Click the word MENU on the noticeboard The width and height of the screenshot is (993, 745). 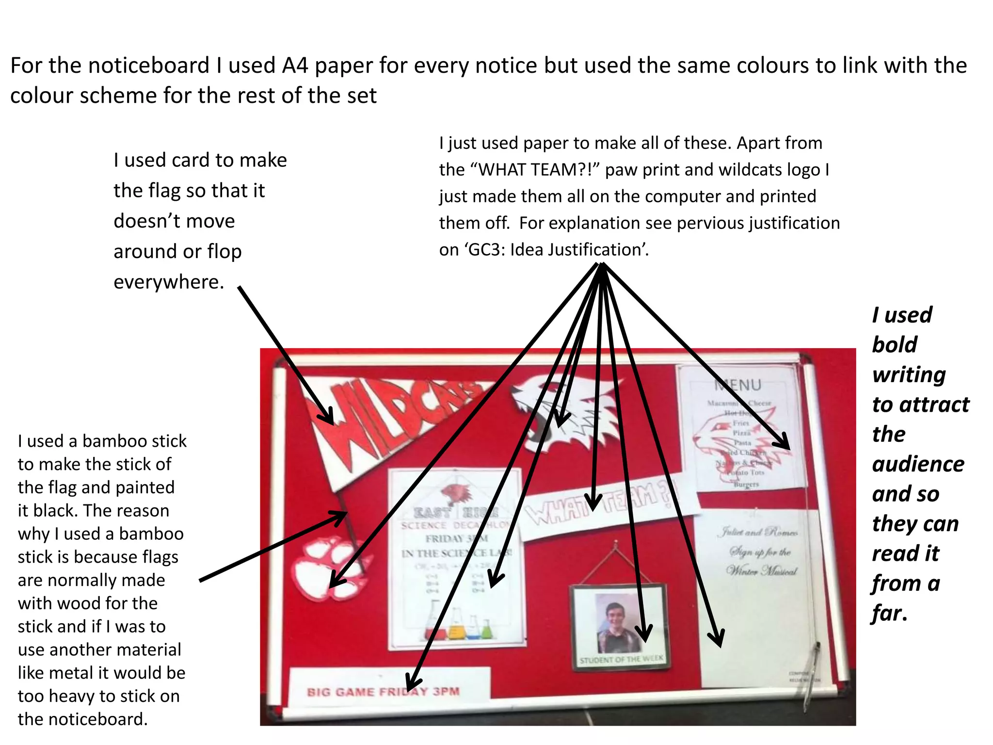point(737,385)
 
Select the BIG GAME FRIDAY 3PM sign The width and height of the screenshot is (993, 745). point(383,691)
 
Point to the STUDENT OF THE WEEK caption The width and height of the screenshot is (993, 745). point(621,659)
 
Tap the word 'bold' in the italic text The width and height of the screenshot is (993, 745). point(894,345)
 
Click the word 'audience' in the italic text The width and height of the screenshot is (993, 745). point(918,464)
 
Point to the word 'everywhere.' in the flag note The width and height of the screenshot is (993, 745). point(169,282)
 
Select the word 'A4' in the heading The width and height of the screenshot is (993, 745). point(295,65)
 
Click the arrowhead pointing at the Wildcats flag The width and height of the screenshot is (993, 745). point(326,417)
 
